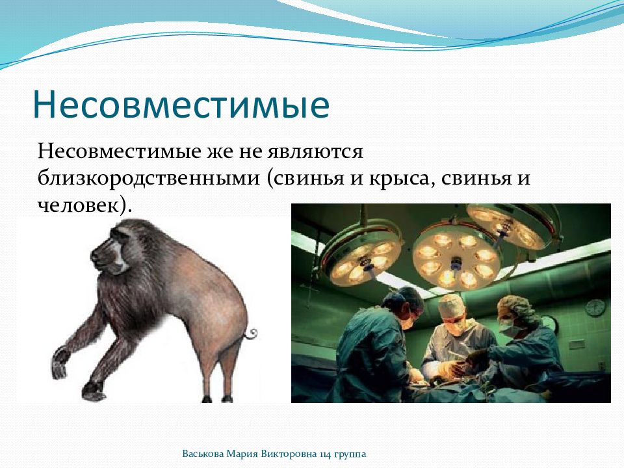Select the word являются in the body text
pos(316,151)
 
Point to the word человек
pos(79,205)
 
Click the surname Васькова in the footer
pos(203,454)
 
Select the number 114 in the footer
pos(325,454)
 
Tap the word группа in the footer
pos(350,454)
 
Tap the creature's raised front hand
pos(60,362)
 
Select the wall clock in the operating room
pos(595,307)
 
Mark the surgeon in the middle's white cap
pos(454,306)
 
